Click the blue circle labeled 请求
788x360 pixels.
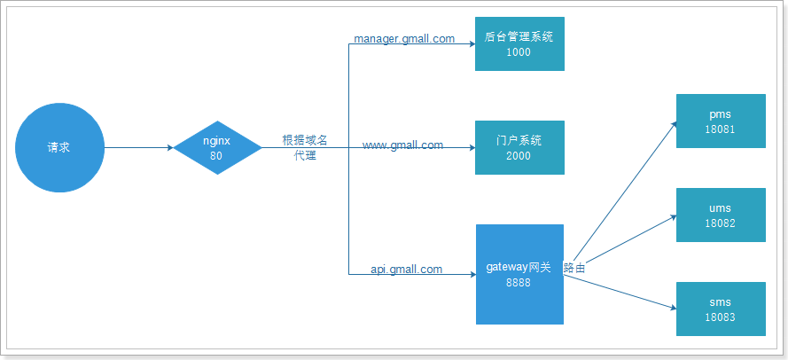[x=59, y=147]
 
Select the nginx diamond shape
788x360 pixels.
[x=216, y=147]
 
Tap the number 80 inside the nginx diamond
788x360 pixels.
[x=216, y=155]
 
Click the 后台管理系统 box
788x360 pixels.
[x=519, y=43]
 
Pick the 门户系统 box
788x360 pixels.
[x=519, y=147]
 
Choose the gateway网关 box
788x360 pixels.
[x=519, y=274]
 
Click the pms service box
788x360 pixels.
[x=720, y=121]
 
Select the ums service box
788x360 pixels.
[x=720, y=215]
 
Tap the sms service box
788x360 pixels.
[x=720, y=309]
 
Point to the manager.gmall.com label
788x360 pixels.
[x=404, y=39]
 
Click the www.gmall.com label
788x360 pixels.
[x=402, y=145]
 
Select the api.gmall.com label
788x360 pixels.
[x=407, y=269]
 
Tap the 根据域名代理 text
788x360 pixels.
[x=305, y=147]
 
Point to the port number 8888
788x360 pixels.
[x=519, y=282]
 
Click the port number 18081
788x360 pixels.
[x=720, y=129]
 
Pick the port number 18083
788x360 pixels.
[x=720, y=317]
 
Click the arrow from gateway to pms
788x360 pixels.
[x=620, y=196]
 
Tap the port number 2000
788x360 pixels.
[x=519, y=156]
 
